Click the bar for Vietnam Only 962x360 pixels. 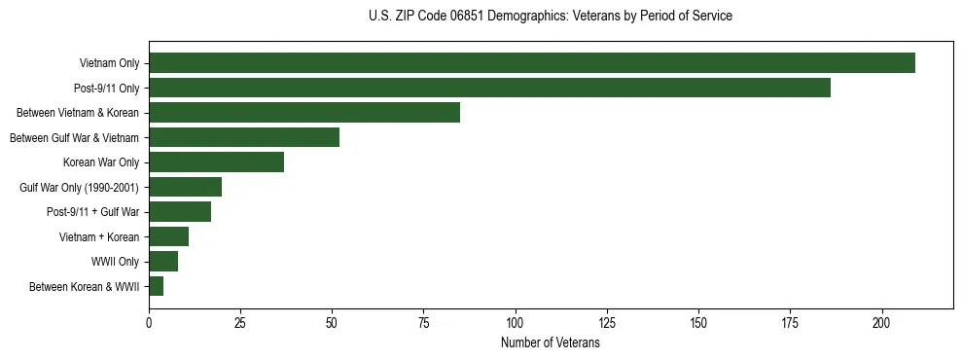coord(532,63)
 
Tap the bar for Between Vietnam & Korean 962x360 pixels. coord(304,113)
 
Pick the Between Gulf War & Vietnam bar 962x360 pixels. coord(244,137)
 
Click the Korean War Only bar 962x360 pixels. coord(216,162)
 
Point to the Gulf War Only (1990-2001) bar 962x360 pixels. coord(185,187)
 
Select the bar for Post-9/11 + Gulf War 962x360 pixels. coord(180,212)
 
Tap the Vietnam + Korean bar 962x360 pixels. coord(168,236)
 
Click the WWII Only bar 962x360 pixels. coord(163,262)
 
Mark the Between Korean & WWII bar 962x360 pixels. coord(156,286)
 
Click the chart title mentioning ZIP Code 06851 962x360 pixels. coord(551,17)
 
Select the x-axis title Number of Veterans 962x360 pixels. coord(551,343)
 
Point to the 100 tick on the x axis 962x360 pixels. coord(516,322)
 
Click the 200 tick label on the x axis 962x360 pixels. coord(882,322)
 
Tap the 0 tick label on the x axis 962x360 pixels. coord(149,322)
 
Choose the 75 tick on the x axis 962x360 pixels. coord(424,322)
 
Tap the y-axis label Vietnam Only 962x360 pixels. coord(109,63)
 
